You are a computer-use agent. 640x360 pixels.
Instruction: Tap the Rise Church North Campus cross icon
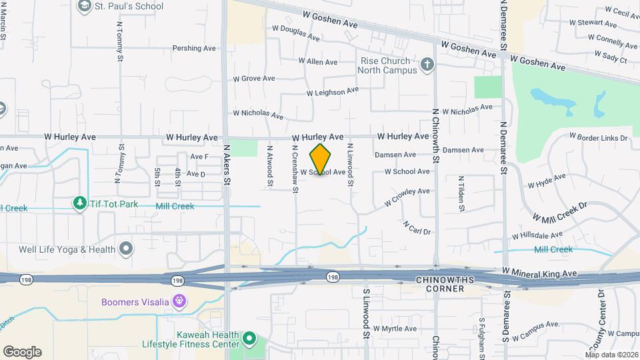coord(427,65)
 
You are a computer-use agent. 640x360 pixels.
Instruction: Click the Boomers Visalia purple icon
coord(178,301)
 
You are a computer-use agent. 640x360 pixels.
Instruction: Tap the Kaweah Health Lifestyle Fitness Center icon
coord(249,339)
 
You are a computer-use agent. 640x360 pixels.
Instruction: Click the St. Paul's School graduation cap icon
coord(84,7)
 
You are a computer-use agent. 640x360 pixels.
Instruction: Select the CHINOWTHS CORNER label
coord(449,283)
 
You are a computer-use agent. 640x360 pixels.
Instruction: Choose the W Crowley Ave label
coord(407,196)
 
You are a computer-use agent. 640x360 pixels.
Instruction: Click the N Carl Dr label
coord(417,227)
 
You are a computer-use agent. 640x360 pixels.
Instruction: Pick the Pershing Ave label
coord(194,48)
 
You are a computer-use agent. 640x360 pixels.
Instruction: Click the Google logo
coord(22,351)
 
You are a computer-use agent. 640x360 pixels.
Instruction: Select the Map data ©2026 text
coord(611,355)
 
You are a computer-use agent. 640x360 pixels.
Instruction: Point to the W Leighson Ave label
coord(332,91)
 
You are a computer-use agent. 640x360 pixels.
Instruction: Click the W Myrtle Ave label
coord(395,329)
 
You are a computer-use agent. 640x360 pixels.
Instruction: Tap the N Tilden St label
coord(461,193)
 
